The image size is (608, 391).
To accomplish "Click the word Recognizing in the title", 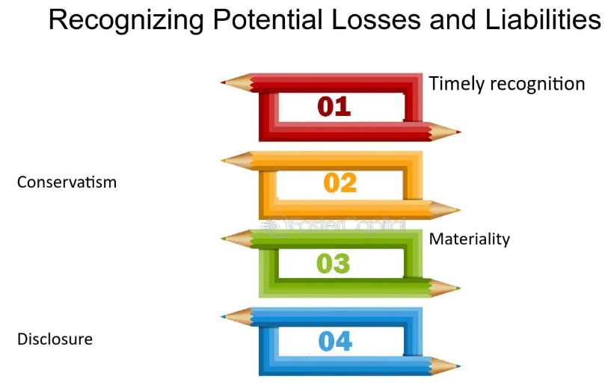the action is pyautogui.click(x=126, y=20).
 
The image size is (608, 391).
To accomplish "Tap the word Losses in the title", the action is pyautogui.click(x=376, y=19).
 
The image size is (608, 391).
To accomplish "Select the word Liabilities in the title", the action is pyautogui.click(x=543, y=19).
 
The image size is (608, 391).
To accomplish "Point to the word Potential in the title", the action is pyautogui.click(x=268, y=19).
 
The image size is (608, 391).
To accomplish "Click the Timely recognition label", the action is pyautogui.click(x=507, y=84).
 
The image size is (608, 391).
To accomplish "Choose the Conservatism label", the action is pyautogui.click(x=67, y=182).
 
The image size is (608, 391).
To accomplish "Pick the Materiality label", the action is pyautogui.click(x=469, y=239).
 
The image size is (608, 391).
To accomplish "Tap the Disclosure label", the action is pyautogui.click(x=55, y=339).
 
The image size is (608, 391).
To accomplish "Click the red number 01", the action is pyautogui.click(x=334, y=107).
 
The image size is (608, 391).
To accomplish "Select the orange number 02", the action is pyautogui.click(x=340, y=183).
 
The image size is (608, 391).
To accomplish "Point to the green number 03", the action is pyautogui.click(x=333, y=263).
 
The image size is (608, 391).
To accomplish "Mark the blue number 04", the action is pyautogui.click(x=335, y=342).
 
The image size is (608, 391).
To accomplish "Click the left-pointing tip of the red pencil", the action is pyautogui.click(x=221, y=82).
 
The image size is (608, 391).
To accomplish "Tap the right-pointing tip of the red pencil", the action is pyautogui.click(x=460, y=132).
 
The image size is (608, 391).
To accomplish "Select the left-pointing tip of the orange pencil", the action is pyautogui.click(x=221, y=161).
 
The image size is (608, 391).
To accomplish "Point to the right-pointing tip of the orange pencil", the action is pyautogui.click(x=460, y=210).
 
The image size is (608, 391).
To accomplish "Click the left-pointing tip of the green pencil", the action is pyautogui.click(x=221, y=238).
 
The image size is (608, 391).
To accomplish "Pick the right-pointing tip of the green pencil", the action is pyautogui.click(x=460, y=289).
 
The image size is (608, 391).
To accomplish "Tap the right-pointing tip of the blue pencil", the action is pyautogui.click(x=460, y=366).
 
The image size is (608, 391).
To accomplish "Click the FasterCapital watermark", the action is pyautogui.click(x=334, y=226).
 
